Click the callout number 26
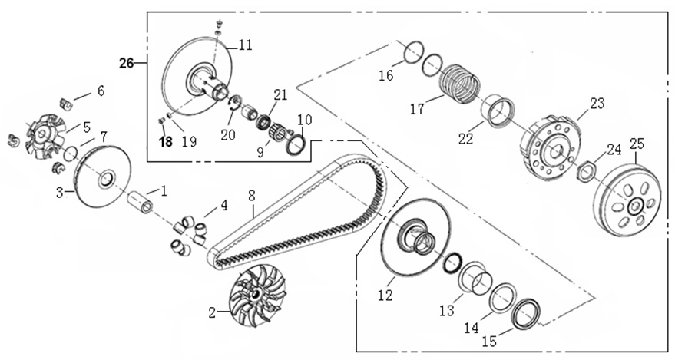[x=127, y=63]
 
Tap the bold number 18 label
[x=166, y=141]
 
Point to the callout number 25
[x=637, y=143]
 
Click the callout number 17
[x=417, y=110]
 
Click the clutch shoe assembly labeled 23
[x=552, y=145]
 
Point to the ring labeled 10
[x=297, y=144]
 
